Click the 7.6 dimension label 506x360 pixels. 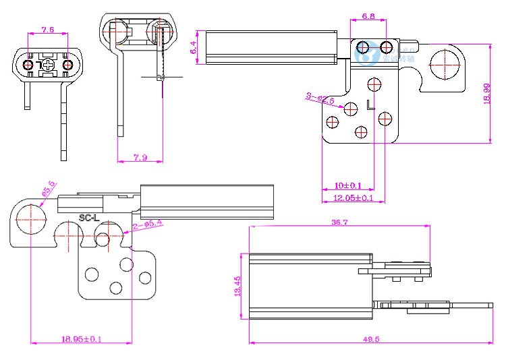click(47, 30)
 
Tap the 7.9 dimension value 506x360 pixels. click(140, 157)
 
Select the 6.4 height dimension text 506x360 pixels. click(194, 47)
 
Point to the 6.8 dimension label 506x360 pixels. click(368, 16)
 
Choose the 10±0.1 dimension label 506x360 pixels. click(348, 185)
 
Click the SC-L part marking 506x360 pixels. click(89, 218)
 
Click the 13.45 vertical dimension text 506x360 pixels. click(237, 287)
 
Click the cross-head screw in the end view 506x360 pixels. click(47, 65)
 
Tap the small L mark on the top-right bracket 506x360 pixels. click(368, 104)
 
